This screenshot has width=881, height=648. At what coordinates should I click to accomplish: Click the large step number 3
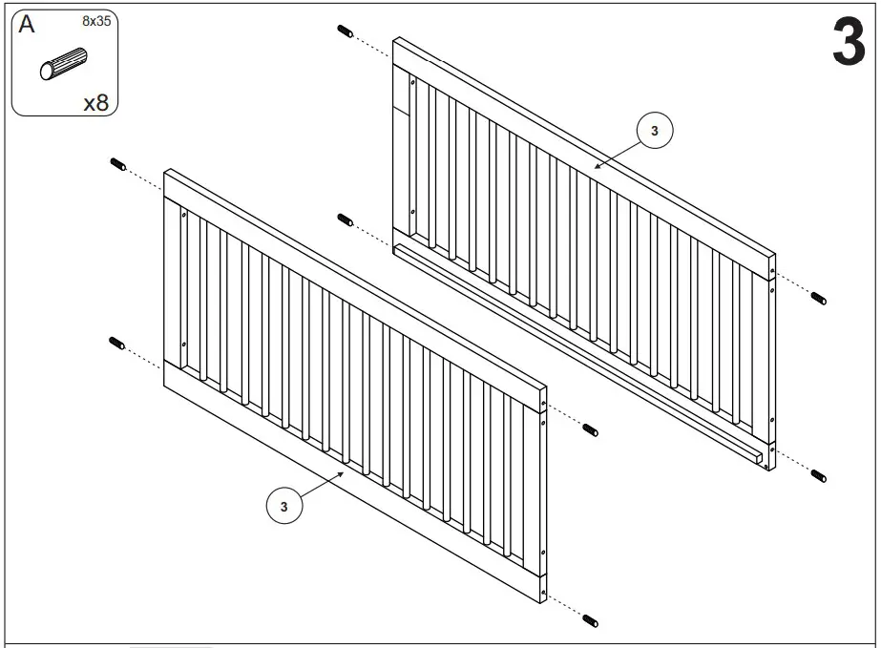pos(848,42)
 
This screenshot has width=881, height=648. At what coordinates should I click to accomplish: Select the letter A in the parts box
pos(27,26)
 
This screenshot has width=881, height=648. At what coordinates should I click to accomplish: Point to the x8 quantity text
pos(95,101)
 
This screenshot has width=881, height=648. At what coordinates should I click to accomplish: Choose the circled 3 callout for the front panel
pos(283,505)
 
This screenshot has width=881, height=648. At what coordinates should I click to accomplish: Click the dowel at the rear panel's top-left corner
pos(346,31)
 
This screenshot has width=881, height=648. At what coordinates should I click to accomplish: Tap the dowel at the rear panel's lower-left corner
pos(346,220)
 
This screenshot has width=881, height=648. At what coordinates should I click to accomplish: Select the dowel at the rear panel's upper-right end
pos(818,299)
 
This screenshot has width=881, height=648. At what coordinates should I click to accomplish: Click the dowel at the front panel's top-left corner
pos(119,163)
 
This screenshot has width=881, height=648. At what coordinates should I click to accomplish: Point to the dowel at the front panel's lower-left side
pos(118,343)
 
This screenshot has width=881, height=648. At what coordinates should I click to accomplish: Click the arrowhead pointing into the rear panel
pos(598,165)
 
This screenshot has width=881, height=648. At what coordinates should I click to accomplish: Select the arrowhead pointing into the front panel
pos(342,473)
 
